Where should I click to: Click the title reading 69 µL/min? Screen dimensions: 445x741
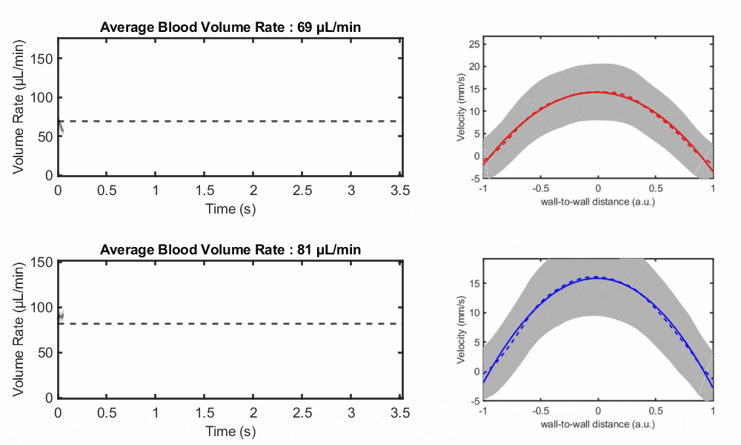click(236, 28)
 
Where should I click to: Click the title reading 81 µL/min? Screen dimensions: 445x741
click(230, 249)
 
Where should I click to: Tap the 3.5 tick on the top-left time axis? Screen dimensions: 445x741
click(401, 191)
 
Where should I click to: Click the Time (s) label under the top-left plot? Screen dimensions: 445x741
click(230, 209)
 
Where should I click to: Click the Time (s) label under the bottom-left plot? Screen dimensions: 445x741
click(230, 431)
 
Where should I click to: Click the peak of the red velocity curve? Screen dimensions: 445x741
click(597, 92)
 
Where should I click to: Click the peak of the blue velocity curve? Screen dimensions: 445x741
click(597, 279)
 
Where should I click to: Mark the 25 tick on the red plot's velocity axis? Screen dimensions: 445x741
click(472, 43)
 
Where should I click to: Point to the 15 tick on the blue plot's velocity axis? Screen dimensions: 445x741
click(472, 283)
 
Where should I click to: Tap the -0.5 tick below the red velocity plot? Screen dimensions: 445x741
click(540, 188)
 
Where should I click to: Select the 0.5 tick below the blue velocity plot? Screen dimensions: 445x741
click(655, 410)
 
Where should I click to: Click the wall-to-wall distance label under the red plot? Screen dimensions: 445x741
click(598, 202)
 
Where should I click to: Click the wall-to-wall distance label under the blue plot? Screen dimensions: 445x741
click(598, 423)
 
